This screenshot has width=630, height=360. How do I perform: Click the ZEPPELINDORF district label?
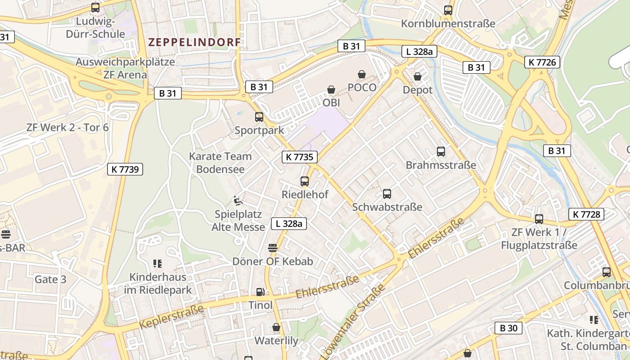click(194, 42)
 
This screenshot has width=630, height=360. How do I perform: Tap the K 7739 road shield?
click(125, 169)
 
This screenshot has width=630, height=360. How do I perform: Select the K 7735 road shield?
click(300, 157)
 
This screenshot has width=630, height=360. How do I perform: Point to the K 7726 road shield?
click(542, 62)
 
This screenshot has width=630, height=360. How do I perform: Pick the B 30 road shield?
click(508, 328)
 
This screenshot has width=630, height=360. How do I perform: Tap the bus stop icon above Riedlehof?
click(305, 181)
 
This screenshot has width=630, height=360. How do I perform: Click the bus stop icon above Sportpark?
click(259, 117)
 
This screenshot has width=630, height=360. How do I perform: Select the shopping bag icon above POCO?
click(362, 74)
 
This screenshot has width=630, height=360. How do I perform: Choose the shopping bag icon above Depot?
click(418, 76)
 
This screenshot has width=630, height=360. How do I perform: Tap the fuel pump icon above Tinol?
click(260, 292)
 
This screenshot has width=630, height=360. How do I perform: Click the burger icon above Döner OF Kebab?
click(272, 247)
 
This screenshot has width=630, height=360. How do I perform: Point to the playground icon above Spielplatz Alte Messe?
click(238, 200)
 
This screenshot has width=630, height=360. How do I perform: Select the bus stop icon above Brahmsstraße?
click(441, 152)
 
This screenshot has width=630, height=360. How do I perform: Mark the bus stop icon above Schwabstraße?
click(387, 194)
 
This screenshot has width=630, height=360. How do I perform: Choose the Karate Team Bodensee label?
click(220, 163)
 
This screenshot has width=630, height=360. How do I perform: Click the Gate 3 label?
click(50, 279)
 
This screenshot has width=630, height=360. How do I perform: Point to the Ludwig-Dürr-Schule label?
click(95, 28)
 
